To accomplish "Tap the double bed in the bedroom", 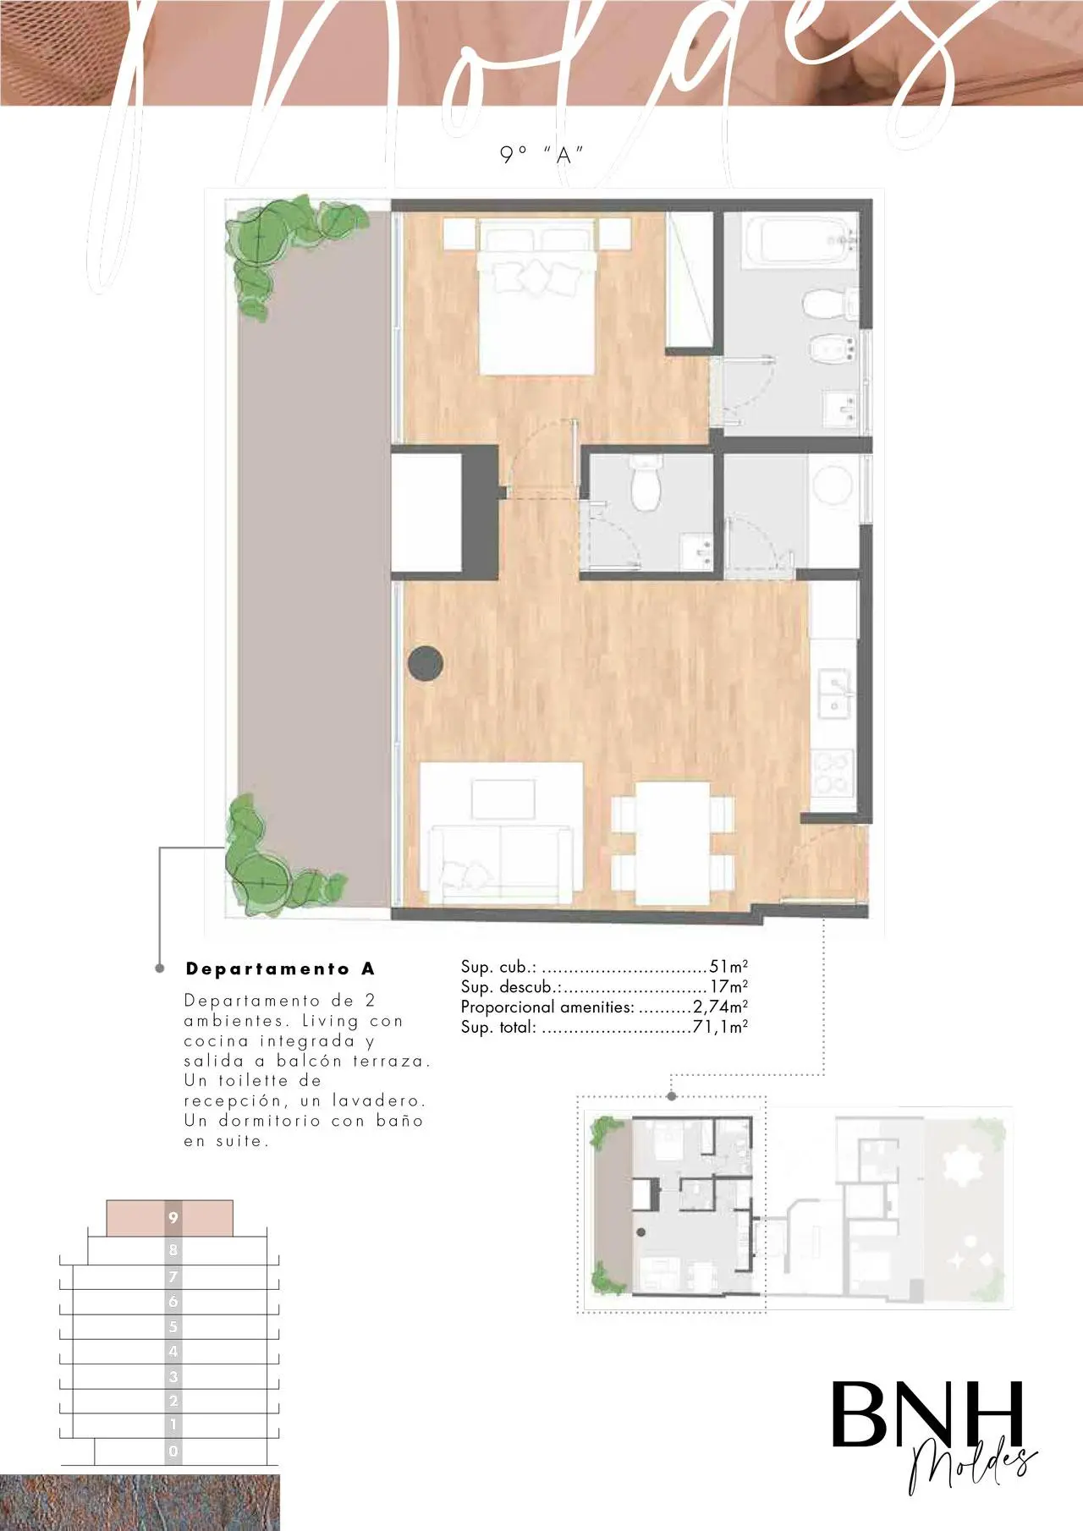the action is click(536, 296).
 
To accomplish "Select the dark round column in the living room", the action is click(426, 664).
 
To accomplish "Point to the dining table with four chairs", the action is click(673, 842).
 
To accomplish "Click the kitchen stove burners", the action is click(832, 774).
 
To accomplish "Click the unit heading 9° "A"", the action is click(541, 155).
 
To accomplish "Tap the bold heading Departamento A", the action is click(280, 969).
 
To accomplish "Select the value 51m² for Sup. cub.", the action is click(728, 966).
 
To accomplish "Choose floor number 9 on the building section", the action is click(173, 1218).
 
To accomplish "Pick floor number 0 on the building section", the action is click(173, 1451).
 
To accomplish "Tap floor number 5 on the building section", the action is click(173, 1326).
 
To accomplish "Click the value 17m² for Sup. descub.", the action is click(729, 986).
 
